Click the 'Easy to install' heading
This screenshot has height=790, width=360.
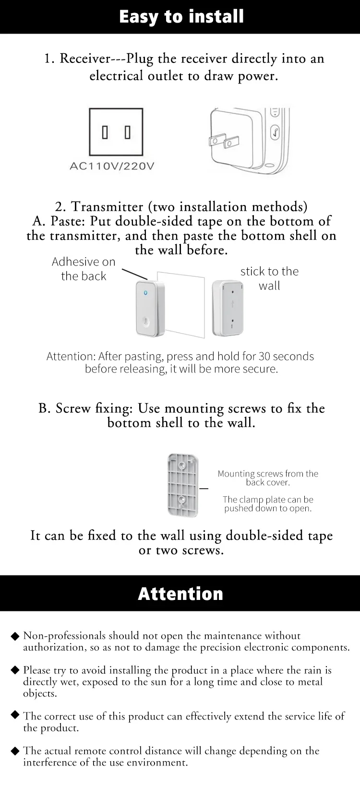(181, 17)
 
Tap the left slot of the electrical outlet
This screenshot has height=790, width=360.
(105, 132)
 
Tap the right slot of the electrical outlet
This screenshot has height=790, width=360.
(128, 132)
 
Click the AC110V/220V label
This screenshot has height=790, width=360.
(112, 166)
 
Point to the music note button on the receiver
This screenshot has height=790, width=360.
(275, 133)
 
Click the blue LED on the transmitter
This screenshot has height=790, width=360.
(145, 293)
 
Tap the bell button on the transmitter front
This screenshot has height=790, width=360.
(146, 322)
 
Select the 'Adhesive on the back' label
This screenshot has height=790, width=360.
(84, 269)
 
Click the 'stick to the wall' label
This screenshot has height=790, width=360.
(269, 278)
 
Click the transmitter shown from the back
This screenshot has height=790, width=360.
(228, 308)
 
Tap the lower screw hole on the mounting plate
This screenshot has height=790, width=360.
(182, 500)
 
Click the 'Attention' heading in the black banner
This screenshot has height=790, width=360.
(180, 594)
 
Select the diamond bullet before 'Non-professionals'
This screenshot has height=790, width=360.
(15, 636)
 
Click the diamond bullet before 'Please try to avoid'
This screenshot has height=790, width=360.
(15, 670)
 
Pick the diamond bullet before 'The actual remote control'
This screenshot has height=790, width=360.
(15, 751)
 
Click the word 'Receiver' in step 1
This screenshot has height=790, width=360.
(85, 59)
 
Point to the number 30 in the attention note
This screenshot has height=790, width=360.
(264, 356)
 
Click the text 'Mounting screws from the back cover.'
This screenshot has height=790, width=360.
(268, 478)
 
